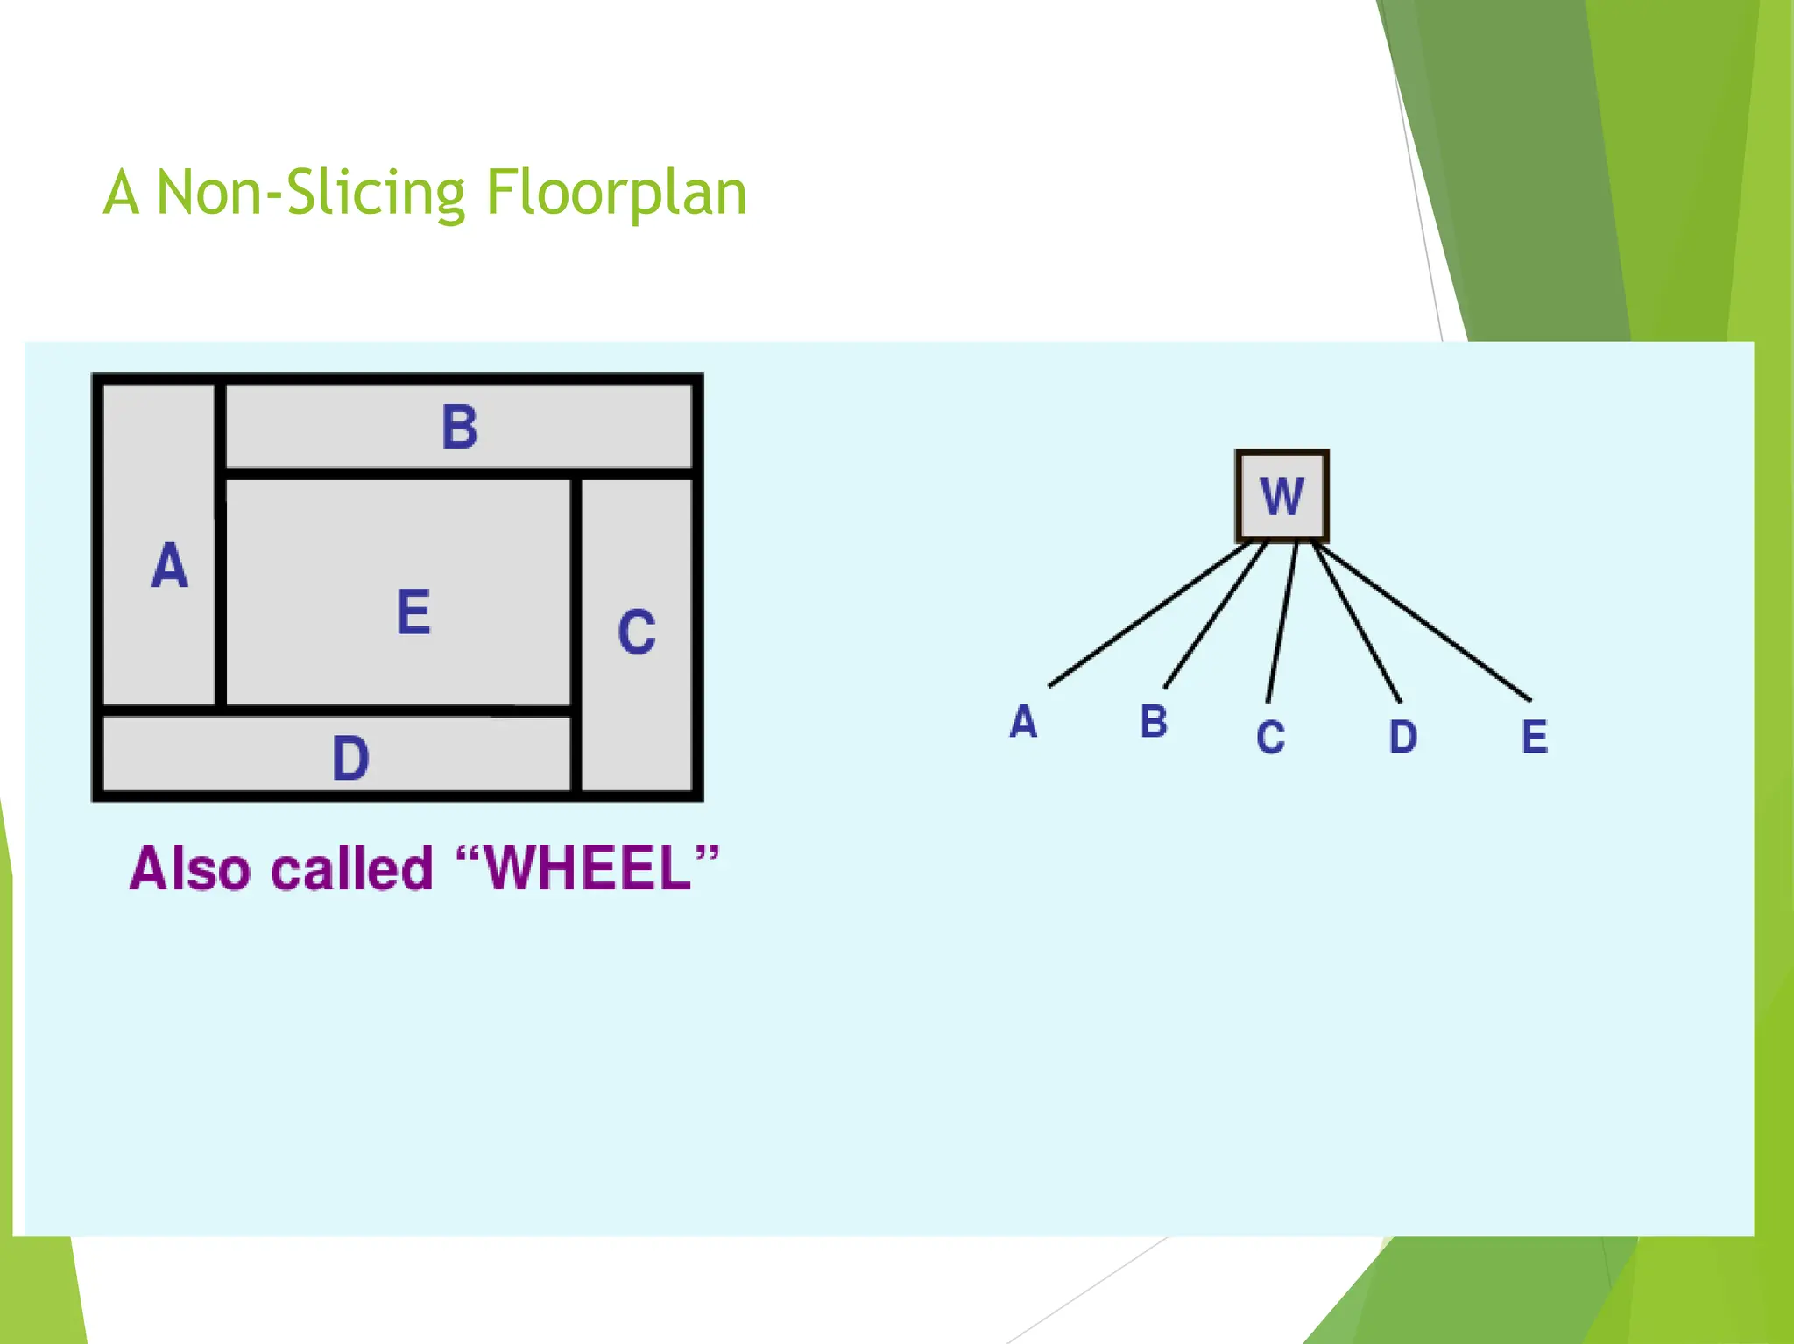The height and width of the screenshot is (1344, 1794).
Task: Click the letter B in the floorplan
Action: (x=459, y=428)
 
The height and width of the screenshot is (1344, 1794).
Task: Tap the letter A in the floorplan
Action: (x=169, y=566)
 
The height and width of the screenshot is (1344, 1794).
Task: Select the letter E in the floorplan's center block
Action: (x=413, y=612)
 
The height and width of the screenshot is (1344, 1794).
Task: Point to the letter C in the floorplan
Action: (x=636, y=632)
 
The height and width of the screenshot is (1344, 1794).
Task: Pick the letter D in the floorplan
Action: (x=350, y=759)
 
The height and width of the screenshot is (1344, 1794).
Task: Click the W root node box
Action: (x=1282, y=496)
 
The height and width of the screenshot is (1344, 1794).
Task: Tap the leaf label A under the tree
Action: (x=1023, y=723)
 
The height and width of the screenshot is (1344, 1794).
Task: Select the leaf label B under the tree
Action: (x=1154, y=722)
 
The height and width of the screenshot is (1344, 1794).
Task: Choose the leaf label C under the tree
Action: (x=1270, y=738)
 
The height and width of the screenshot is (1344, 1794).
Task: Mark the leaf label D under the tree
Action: (x=1402, y=737)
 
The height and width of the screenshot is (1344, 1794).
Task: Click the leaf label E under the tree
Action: (x=1534, y=737)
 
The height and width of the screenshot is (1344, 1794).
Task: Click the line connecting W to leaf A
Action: (x=1148, y=615)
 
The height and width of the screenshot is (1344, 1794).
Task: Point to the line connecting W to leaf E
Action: (x=1423, y=623)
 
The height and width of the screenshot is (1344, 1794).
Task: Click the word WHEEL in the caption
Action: (x=588, y=869)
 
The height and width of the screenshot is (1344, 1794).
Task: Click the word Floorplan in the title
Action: (x=616, y=193)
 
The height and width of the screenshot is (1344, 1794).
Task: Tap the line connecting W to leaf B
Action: (x=1215, y=616)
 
